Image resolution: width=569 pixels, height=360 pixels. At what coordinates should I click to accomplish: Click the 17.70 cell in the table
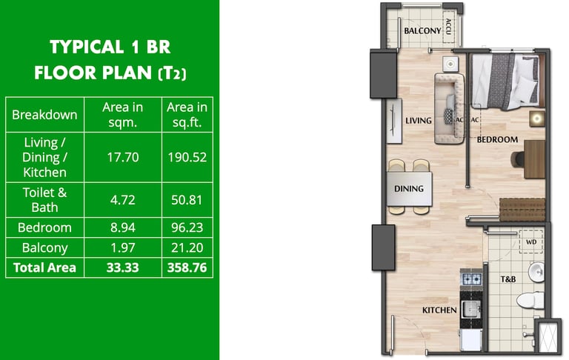coord(123,157)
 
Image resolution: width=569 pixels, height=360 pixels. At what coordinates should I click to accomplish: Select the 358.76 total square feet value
coord(187,267)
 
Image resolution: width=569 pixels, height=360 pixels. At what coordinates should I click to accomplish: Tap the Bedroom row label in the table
coord(44,227)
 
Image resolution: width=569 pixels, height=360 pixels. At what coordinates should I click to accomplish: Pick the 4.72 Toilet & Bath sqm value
coord(123,200)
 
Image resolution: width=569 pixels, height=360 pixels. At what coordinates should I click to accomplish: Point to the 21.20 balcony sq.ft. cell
coord(187,247)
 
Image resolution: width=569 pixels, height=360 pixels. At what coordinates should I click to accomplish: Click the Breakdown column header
coord(44,115)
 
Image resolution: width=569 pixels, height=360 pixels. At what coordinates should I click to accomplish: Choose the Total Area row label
coord(44,267)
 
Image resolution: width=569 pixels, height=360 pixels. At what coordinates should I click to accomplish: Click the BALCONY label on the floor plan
coord(422,31)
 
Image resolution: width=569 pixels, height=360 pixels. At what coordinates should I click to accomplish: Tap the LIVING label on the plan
coord(419,121)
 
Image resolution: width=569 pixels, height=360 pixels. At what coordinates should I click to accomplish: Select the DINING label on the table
coord(409,189)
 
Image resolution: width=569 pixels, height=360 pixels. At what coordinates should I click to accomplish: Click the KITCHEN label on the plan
coord(439,310)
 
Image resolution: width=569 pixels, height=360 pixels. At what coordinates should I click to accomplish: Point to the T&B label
coord(508,279)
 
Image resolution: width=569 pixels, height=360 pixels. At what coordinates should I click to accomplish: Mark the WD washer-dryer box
coord(531,241)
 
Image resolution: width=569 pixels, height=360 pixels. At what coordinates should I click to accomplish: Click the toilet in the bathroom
coord(530,301)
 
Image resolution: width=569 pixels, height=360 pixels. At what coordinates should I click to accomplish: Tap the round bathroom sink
coord(536,272)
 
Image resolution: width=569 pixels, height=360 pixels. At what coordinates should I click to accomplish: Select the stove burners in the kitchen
coord(471,279)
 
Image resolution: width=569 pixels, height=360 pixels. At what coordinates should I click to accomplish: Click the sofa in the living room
coord(450,108)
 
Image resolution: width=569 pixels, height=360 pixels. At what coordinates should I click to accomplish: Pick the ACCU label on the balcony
coord(448,27)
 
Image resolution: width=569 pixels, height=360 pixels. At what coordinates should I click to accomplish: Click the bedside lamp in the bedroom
coord(536,119)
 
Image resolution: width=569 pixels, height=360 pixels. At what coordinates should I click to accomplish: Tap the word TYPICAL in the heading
coord(87,47)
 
